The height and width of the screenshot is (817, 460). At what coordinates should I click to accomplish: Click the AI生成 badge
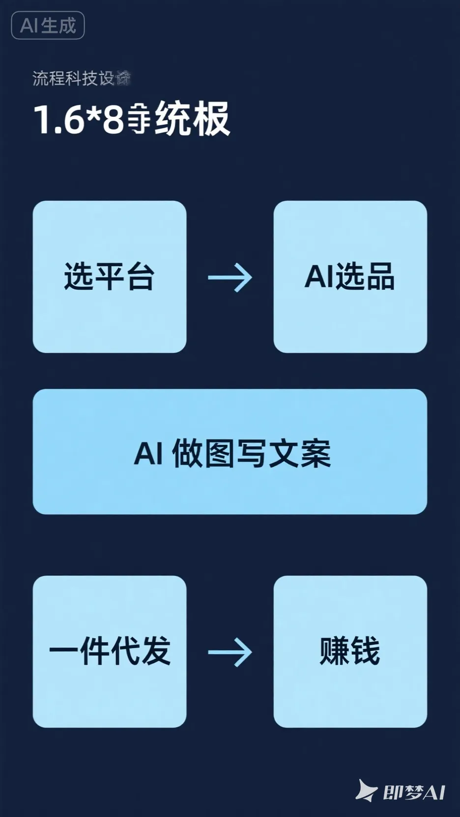(48, 26)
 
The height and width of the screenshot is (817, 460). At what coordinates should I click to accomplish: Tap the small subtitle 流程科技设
(74, 79)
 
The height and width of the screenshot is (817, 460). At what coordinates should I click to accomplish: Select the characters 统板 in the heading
(192, 119)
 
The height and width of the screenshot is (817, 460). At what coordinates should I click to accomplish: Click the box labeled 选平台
(109, 276)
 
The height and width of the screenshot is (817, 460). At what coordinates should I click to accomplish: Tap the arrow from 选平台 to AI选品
(230, 277)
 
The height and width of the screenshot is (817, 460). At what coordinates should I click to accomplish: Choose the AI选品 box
(350, 276)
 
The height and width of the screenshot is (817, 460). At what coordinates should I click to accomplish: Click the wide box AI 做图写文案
(230, 452)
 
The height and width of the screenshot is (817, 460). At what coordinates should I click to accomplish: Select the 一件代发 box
(109, 652)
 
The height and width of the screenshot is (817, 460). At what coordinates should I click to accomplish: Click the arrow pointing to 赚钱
(230, 652)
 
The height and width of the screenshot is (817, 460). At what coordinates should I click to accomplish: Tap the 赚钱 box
(350, 652)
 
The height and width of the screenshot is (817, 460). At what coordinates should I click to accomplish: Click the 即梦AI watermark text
(414, 792)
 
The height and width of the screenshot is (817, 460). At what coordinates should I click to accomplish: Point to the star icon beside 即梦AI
(366, 790)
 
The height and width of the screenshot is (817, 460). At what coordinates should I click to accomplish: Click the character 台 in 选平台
(140, 276)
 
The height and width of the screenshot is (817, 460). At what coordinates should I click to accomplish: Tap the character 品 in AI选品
(379, 276)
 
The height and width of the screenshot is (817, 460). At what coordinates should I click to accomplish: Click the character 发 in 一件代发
(155, 652)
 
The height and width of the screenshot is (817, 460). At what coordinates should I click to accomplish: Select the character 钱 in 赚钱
(365, 652)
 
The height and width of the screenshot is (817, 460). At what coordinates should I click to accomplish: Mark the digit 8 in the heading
(113, 119)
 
